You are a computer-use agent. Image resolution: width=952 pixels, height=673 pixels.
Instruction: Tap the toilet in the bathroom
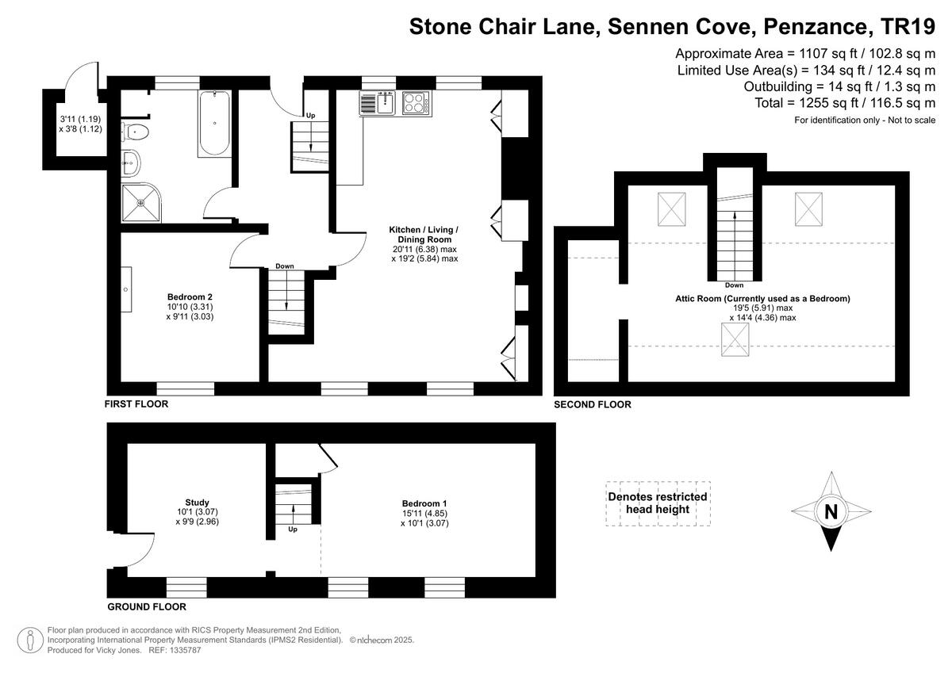[136, 132]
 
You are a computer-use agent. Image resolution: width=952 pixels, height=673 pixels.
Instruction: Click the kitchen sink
[378, 103]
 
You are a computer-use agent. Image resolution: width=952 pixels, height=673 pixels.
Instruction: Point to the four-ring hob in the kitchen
[416, 103]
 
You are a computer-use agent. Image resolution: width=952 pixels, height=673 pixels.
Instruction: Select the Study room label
[197, 502]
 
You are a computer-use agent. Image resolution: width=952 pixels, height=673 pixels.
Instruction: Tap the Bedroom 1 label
[424, 503]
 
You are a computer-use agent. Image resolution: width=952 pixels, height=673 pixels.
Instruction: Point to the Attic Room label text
[762, 299]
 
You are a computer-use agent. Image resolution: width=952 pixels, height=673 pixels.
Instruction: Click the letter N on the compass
[831, 512]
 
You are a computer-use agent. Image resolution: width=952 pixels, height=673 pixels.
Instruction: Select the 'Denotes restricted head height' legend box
[658, 503]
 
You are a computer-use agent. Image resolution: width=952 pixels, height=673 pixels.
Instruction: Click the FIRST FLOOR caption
[136, 404]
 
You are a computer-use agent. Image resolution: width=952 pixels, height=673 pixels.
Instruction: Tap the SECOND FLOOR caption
[593, 405]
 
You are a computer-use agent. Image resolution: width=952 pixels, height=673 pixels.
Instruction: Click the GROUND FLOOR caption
[147, 607]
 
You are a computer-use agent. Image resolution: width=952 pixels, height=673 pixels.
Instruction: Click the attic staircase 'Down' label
[734, 285]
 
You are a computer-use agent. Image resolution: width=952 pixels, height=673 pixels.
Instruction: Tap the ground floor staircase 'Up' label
[293, 529]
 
